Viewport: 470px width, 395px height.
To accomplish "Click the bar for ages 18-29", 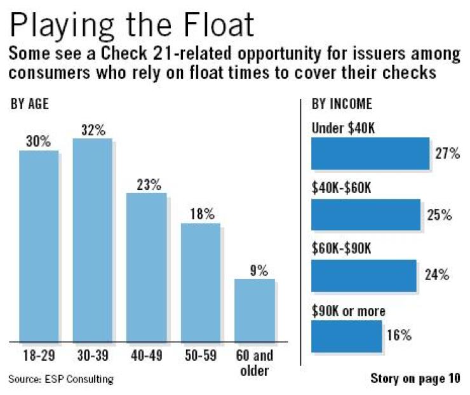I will (x=39, y=246).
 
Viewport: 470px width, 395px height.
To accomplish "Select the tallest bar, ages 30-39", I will (x=92, y=240).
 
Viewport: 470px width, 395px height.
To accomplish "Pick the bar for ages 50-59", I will (x=200, y=283).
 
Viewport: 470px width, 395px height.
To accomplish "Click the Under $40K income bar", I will (x=370, y=154).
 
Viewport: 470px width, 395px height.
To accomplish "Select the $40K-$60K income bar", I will (x=365, y=215).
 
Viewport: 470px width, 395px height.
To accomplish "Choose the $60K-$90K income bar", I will (x=363, y=276).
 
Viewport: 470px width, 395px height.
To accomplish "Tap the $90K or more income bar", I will (x=346, y=336).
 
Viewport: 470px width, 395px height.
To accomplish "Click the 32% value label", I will (x=93, y=130).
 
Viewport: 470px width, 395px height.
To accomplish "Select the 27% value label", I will (x=447, y=154).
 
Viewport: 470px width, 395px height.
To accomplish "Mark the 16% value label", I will (x=399, y=335).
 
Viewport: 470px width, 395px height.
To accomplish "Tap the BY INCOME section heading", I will (x=342, y=104).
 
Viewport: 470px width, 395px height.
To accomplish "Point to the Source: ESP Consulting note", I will (x=61, y=379).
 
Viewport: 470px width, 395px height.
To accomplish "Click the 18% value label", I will (x=203, y=214).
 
